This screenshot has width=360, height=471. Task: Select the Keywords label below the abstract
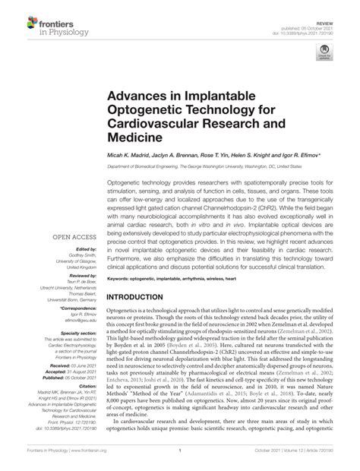pyautogui.click(x=123, y=258)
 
